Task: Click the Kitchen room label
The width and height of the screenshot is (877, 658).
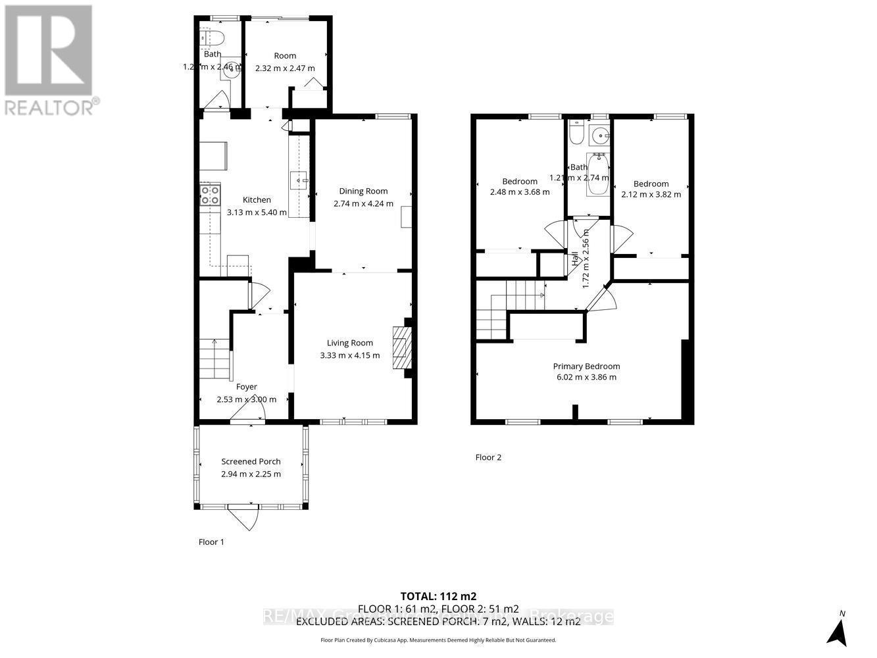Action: (257, 200)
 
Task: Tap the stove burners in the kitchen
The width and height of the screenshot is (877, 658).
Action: (210, 195)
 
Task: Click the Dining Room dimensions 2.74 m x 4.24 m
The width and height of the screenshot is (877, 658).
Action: (363, 203)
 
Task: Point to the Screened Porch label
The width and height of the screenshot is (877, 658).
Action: (251, 461)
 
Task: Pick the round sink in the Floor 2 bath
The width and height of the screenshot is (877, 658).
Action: (600, 136)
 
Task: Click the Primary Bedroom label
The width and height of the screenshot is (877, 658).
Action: (586, 367)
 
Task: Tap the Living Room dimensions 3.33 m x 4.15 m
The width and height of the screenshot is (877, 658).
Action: (349, 355)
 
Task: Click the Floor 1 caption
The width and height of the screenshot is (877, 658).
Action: (211, 542)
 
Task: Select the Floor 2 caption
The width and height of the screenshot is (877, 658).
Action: (488, 457)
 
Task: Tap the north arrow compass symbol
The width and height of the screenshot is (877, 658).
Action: (836, 632)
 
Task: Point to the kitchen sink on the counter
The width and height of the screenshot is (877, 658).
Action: (299, 178)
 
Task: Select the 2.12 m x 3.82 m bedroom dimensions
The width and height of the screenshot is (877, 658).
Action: (651, 194)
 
